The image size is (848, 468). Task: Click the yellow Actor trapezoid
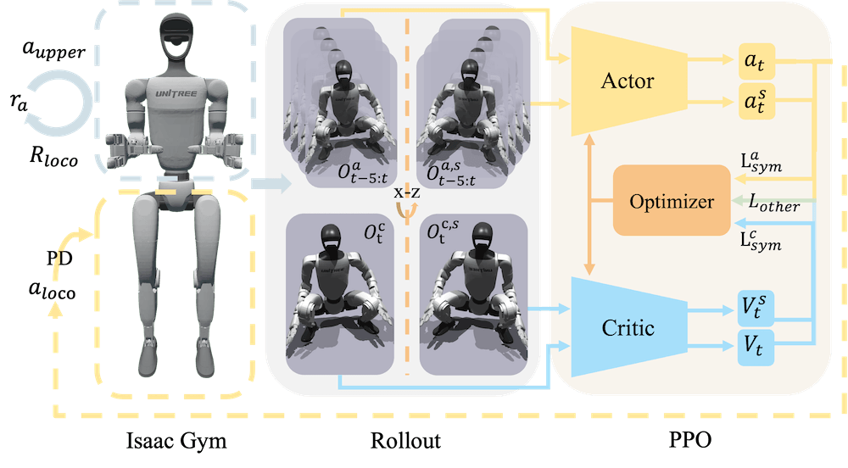coord(628,81)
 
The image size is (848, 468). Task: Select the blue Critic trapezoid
coord(628,327)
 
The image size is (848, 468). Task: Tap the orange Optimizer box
coord(672,200)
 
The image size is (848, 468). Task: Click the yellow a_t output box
coord(756,62)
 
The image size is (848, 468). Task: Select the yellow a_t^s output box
coord(756,101)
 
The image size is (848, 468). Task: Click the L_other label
coord(774,203)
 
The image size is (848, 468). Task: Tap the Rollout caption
coord(405,441)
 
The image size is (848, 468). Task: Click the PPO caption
coord(690,440)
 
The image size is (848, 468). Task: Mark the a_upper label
coord(54,50)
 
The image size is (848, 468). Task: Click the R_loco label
coord(53,157)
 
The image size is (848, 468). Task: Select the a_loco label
coord(52,290)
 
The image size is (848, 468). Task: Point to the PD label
coord(59,259)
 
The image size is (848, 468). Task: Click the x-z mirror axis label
coord(407,192)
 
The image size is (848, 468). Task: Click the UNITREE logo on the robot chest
coord(176,93)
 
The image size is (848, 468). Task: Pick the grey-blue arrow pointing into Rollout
coord(271,184)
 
